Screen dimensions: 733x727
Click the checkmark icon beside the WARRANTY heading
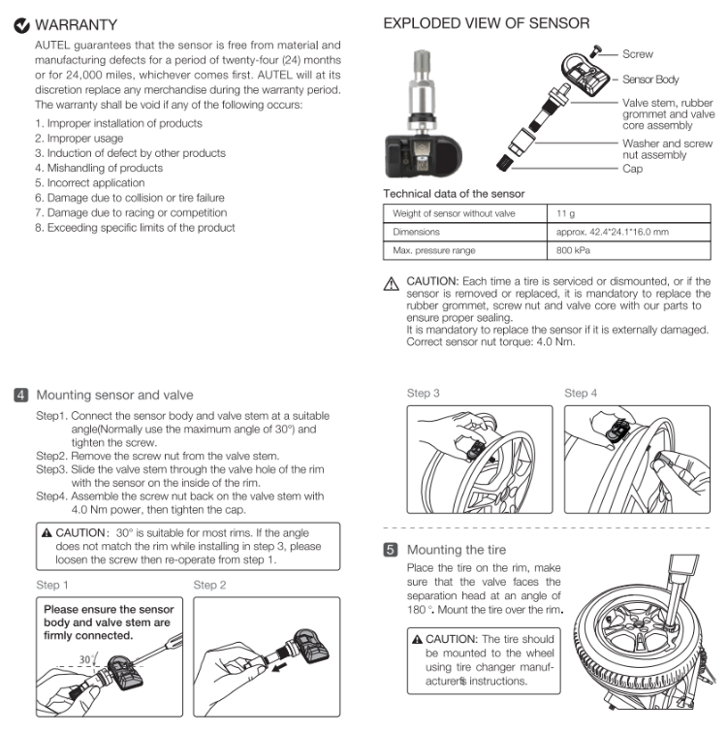(x=21, y=24)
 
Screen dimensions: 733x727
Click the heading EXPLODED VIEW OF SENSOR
(x=486, y=23)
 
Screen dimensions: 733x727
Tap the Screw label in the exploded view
(x=637, y=54)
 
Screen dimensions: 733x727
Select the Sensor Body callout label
(x=650, y=80)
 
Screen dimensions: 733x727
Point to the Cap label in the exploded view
(x=632, y=169)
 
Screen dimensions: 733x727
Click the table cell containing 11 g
(x=565, y=213)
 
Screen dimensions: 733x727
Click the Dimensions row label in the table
(x=416, y=233)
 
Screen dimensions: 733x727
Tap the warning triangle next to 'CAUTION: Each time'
(x=392, y=285)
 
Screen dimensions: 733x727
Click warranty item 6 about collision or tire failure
(x=129, y=198)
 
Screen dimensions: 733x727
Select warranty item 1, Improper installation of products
(x=118, y=123)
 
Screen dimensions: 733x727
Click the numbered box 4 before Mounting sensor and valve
(x=21, y=395)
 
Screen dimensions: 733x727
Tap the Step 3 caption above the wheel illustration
(x=424, y=394)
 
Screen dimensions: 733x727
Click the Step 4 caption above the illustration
(x=581, y=394)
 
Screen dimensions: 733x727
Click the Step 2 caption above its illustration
(x=210, y=585)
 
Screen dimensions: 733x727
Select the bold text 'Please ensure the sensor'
(x=109, y=609)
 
